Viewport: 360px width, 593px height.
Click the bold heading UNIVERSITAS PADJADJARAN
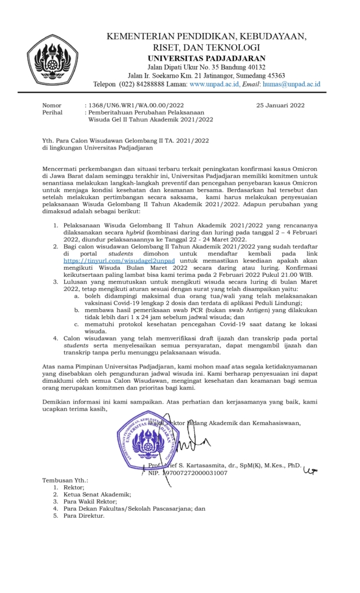point(207,58)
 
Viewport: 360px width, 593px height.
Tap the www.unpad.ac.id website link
point(215,85)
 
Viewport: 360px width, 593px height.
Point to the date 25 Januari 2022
point(280,105)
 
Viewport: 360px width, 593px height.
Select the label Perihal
point(53,112)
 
